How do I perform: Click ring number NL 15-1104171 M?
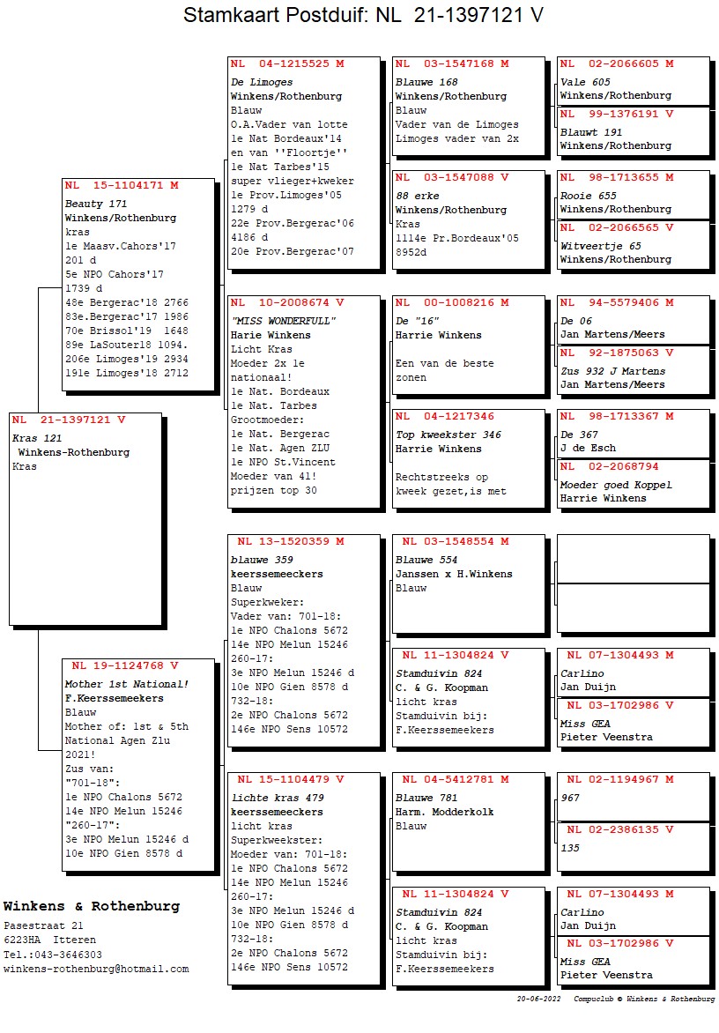pos(122,185)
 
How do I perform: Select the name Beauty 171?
pos(96,204)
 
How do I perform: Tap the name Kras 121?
pos(37,438)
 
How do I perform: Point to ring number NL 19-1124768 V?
pos(124,665)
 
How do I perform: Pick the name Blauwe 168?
pos(426,82)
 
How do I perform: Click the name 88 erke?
pos(417,196)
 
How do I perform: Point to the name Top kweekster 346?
pos(448,435)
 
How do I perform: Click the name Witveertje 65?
pos(600,246)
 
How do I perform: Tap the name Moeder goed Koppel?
pos(615,485)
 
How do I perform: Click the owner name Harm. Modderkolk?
pos(444,812)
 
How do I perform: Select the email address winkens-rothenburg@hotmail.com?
pos(96,969)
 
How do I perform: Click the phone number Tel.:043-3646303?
pos(52,955)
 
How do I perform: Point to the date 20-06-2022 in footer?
pos(539,1000)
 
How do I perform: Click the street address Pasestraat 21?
pos(43,926)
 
